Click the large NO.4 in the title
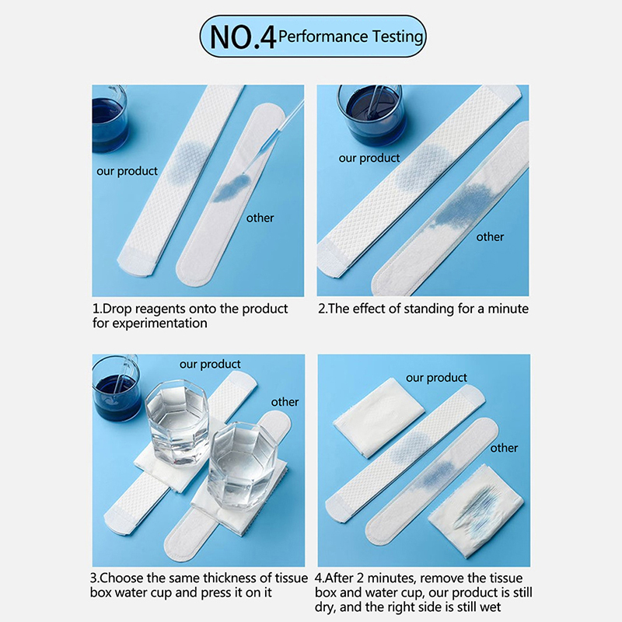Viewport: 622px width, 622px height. click(243, 37)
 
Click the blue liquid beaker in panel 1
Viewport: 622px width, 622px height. click(110, 119)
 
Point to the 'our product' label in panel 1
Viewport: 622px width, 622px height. click(127, 171)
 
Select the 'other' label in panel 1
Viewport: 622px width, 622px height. click(260, 218)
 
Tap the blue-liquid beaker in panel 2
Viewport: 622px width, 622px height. click(370, 115)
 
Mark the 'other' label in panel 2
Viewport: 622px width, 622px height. click(490, 237)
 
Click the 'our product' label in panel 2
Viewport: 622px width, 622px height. click(369, 158)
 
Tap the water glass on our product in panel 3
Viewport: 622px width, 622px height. click(177, 422)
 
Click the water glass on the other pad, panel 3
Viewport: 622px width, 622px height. click(243, 466)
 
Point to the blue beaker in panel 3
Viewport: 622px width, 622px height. click(116, 388)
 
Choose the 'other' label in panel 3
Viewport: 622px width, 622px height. click(285, 402)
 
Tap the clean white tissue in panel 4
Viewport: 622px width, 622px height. click(379, 418)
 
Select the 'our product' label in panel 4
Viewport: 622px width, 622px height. click(436, 378)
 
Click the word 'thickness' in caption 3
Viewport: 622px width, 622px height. click(229, 578)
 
